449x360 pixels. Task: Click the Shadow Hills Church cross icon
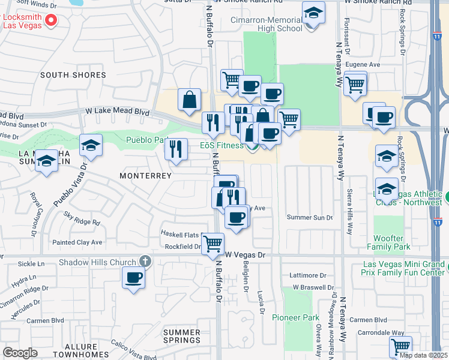coord(144,261)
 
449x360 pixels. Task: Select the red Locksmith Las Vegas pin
coord(50,20)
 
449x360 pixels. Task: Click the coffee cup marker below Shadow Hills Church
coord(133,278)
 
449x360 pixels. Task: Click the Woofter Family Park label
coord(388,242)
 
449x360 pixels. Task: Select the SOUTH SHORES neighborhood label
coord(73,76)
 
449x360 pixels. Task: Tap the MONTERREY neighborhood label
coord(145,176)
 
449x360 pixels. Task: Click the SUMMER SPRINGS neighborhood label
coord(182,337)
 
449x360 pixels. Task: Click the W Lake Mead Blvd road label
coord(117,111)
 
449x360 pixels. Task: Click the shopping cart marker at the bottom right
coord(400,346)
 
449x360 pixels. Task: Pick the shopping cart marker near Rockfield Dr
coord(213,244)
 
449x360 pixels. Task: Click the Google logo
coord(20,353)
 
